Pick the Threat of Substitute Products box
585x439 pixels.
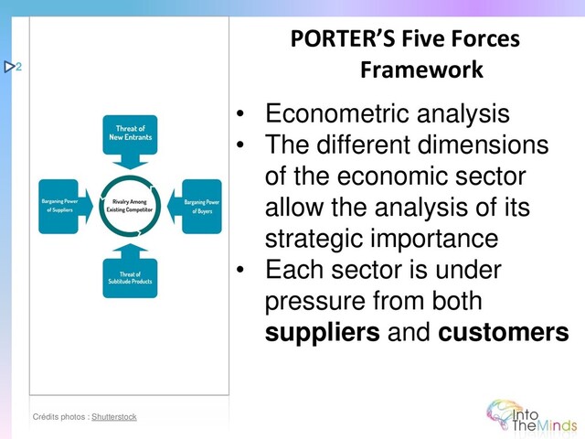click(129, 278)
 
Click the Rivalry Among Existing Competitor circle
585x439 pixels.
click(129, 205)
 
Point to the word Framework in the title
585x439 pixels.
click(421, 70)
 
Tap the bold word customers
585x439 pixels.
click(504, 332)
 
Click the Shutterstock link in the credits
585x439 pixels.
click(114, 417)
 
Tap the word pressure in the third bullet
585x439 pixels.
click(315, 301)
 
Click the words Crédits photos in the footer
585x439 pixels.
click(59, 417)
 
